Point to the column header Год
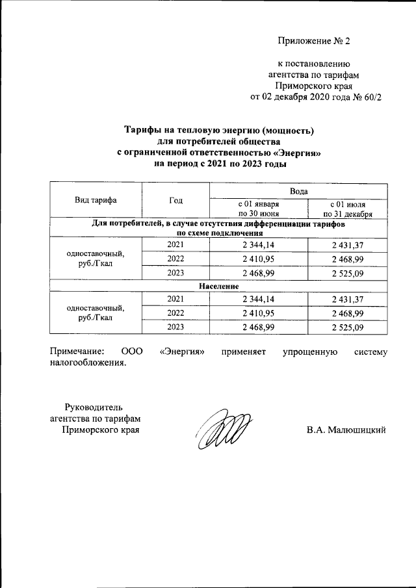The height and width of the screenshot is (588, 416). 175,201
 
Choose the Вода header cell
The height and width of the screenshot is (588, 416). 298,191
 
